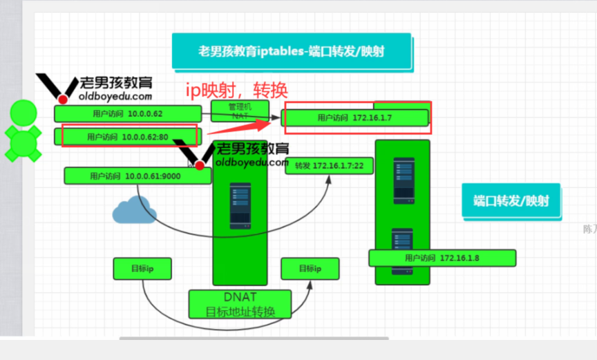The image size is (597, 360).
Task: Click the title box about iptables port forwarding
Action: (291, 51)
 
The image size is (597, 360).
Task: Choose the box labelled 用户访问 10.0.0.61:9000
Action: (137, 176)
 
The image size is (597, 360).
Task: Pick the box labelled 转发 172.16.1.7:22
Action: (329, 166)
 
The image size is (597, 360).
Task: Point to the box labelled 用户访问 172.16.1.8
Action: (442, 258)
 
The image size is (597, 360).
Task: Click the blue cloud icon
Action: (134, 210)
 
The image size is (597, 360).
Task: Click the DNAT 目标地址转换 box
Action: (240, 304)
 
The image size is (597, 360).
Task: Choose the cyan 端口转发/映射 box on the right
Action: (511, 201)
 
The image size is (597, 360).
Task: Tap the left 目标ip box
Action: (142, 268)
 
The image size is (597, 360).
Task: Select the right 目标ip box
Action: (310, 268)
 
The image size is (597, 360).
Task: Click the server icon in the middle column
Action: (240, 206)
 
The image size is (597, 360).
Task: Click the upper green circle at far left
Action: (23, 113)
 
